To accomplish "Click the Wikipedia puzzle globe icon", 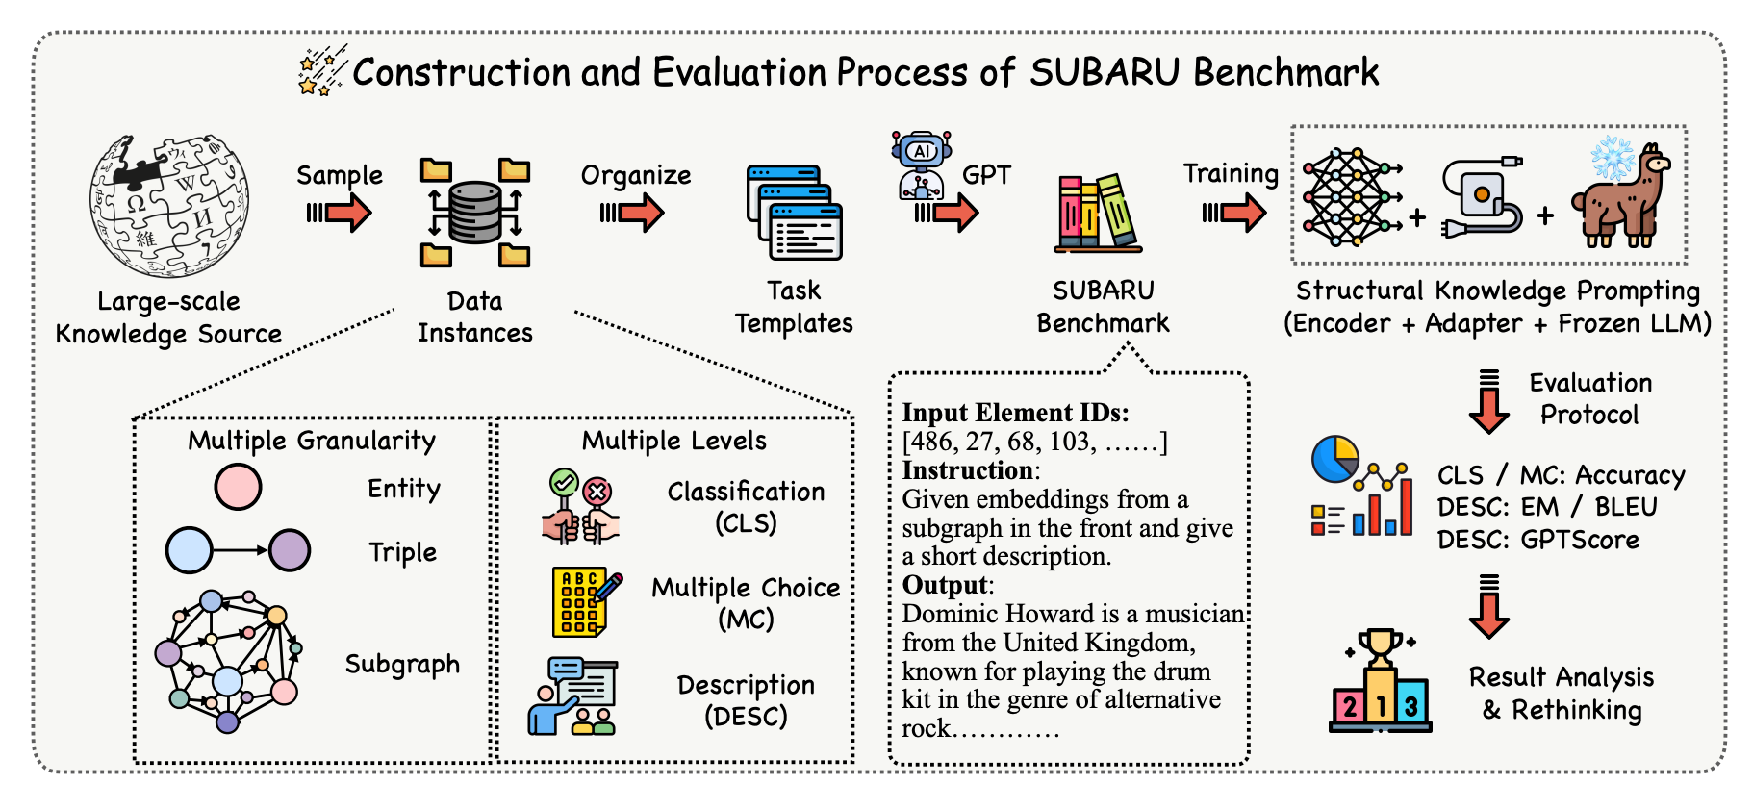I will (x=169, y=204).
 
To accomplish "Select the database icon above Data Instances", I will (x=475, y=213).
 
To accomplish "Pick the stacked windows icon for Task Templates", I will (x=795, y=213).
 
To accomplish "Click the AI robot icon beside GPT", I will (x=922, y=165).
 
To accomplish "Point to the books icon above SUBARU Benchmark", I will (x=1098, y=213).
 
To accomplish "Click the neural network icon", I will (x=1350, y=197).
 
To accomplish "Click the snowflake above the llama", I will (x=1613, y=157).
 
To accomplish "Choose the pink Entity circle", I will (x=238, y=487).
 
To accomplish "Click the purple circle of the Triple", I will (x=290, y=550).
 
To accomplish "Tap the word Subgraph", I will (x=402, y=665).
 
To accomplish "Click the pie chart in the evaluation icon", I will (x=1334, y=459).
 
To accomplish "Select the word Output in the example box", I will (x=945, y=585).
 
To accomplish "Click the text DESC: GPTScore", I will (x=1537, y=540).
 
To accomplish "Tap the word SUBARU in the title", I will (x=1104, y=72).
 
